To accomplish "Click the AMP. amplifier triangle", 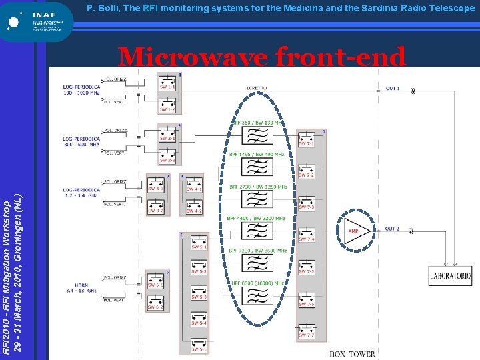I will click(x=356, y=231).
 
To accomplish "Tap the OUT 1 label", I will click(x=393, y=89).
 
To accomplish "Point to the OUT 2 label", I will click(x=393, y=229).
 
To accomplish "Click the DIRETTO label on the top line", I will click(x=257, y=87).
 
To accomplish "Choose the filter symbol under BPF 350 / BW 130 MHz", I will click(x=257, y=135).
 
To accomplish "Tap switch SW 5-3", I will click(x=199, y=295).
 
